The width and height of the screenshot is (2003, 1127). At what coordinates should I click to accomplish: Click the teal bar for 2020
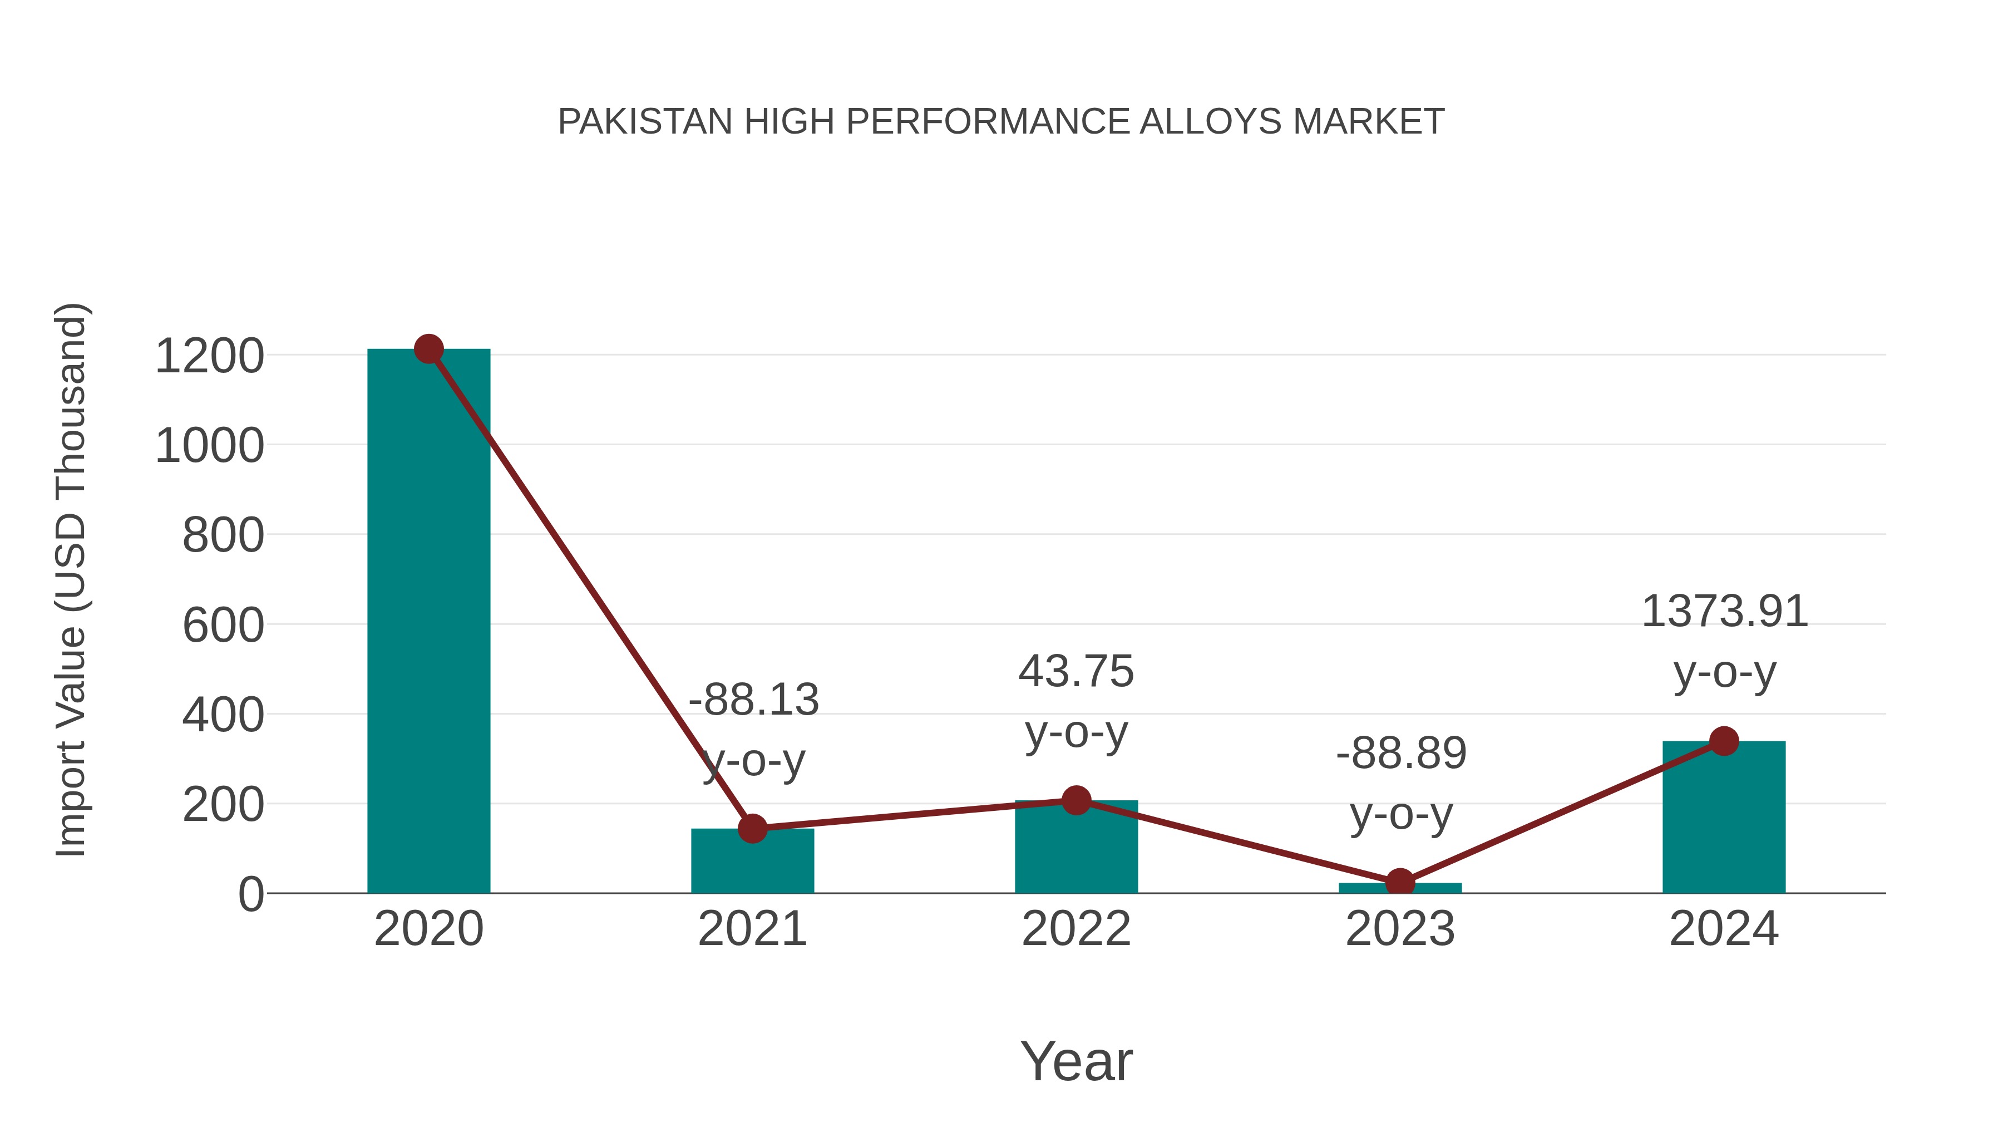[x=428, y=622]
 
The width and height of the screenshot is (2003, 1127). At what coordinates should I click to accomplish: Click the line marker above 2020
[x=428, y=349]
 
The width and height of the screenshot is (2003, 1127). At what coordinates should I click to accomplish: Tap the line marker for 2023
[x=1400, y=883]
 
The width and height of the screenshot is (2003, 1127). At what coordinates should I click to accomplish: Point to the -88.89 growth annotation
[x=1401, y=753]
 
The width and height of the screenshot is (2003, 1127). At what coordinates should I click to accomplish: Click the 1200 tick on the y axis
[x=209, y=356]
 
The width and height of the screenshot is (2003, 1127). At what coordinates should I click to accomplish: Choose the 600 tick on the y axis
[x=223, y=626]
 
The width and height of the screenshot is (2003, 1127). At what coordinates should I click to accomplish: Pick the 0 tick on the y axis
[x=250, y=894]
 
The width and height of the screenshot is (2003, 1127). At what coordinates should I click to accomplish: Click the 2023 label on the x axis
[x=1400, y=929]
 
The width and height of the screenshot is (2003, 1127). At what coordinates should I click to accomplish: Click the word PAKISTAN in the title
[x=645, y=122]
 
